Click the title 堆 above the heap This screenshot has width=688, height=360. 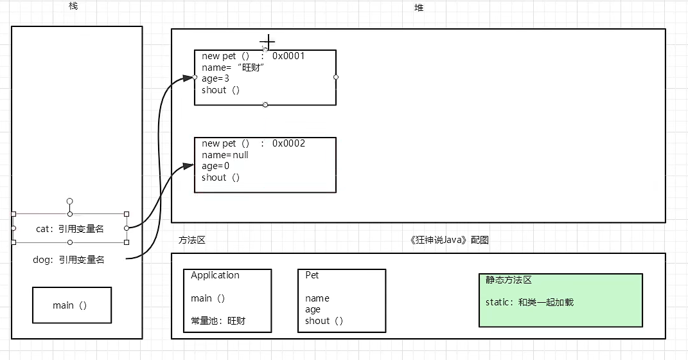(x=419, y=8)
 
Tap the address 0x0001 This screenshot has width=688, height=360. (x=288, y=56)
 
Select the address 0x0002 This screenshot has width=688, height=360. (x=288, y=143)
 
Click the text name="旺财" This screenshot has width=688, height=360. (x=234, y=67)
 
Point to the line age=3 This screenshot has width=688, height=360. (x=216, y=79)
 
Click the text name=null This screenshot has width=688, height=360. (x=225, y=155)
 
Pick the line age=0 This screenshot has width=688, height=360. (x=216, y=166)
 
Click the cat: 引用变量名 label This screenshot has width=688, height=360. (x=70, y=228)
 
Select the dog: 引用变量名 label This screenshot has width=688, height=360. (x=69, y=260)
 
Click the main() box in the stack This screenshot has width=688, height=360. (x=71, y=305)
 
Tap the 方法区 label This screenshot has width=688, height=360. (x=191, y=240)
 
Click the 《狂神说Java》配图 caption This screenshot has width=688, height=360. (x=449, y=240)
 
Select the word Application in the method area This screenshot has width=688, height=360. (x=215, y=275)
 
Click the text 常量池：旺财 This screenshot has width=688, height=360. (x=218, y=321)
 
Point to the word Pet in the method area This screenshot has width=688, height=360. (x=312, y=275)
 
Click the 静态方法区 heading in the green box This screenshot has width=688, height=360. (x=509, y=280)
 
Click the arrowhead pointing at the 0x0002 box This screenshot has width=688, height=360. (x=188, y=166)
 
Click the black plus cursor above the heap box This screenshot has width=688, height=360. (x=267, y=42)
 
